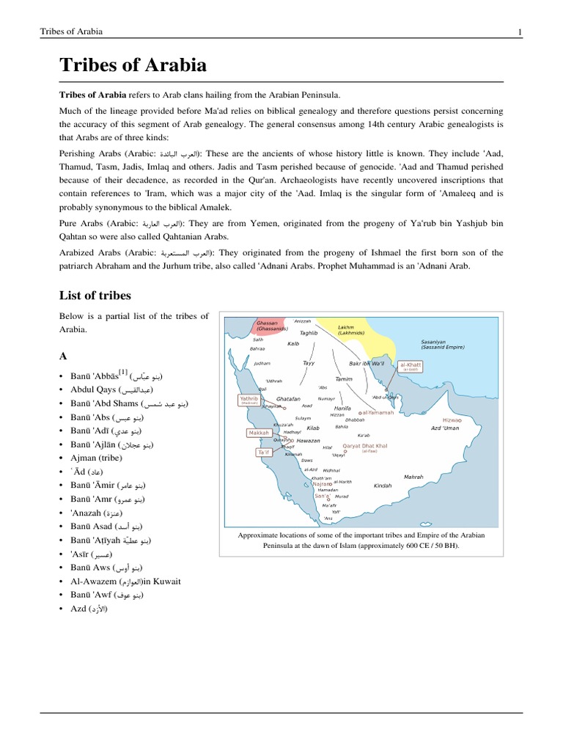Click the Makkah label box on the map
click(x=260, y=433)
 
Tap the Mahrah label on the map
click(x=413, y=477)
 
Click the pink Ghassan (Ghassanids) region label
click(x=272, y=326)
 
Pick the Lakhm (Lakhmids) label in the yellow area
click(x=346, y=330)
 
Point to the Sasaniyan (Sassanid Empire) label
click(x=443, y=345)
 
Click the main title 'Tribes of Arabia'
click(x=133, y=65)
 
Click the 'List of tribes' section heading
click(x=95, y=296)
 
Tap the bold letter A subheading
click(x=63, y=356)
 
